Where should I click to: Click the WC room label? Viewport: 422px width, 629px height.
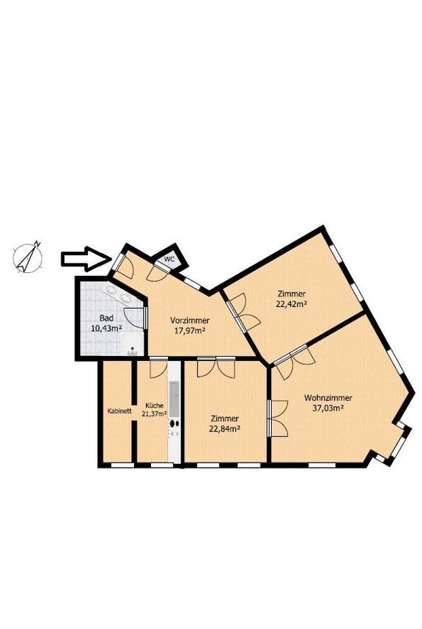170,259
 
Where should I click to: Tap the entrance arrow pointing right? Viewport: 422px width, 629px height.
86,259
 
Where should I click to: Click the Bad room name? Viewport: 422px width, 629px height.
107,318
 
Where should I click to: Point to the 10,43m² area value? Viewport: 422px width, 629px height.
107,329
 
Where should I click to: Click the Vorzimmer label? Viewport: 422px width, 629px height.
190,320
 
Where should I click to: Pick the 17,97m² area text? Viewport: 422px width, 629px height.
190,331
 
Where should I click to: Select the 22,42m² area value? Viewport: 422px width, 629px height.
291,303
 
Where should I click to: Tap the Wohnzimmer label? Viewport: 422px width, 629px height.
328,398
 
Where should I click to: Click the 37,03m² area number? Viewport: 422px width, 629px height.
328,408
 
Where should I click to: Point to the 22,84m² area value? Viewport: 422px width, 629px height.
224,428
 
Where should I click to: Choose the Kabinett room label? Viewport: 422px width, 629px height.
120,411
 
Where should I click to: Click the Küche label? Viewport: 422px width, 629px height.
155,406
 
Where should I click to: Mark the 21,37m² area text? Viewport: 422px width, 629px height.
155,414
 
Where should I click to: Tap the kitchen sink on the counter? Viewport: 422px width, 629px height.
174,399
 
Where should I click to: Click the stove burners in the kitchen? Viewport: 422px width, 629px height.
174,428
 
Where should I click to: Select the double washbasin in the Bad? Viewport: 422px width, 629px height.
118,294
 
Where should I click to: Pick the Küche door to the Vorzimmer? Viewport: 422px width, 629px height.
158,369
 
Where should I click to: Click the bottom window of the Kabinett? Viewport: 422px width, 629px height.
122,465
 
